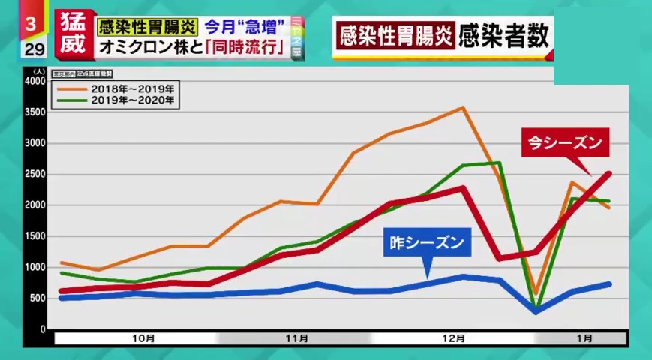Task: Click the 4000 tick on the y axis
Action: (35, 81)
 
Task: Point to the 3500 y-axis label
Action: (35, 112)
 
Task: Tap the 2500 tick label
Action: (35, 174)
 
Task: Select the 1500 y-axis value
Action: (35, 236)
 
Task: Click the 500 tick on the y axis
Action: (38, 298)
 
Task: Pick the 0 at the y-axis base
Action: (43, 328)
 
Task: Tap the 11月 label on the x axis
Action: (297, 338)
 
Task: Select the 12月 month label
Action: (453, 338)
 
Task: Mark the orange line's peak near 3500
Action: (463, 107)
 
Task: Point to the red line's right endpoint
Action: (608, 174)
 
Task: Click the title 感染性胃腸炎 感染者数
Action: (443, 34)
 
